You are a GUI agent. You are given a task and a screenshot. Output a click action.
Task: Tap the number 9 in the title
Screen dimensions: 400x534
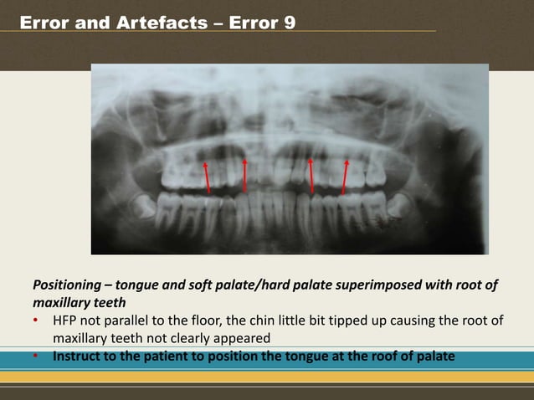click(x=289, y=23)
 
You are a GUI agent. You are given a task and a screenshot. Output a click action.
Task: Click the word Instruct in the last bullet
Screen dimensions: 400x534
click(x=80, y=356)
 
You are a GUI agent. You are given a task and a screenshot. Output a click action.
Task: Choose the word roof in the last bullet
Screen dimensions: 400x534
click(x=378, y=356)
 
